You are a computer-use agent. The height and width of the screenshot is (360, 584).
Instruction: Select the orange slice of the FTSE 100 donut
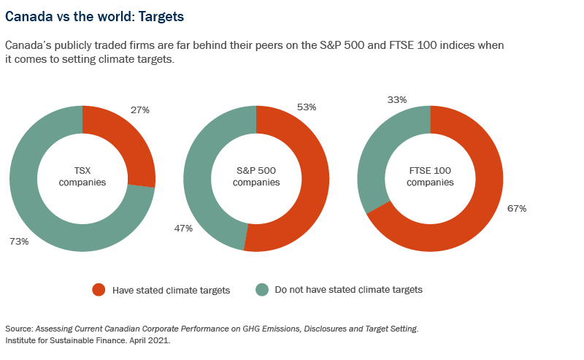pos(467,219)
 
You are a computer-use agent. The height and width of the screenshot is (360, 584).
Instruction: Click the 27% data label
pos(140,110)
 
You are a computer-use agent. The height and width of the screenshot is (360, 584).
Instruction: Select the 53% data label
pos(307,107)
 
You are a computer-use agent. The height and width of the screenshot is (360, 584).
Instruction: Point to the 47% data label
pos(184,229)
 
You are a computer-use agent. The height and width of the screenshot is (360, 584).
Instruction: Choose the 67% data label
pos(517,209)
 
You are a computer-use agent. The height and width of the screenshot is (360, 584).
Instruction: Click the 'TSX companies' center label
pos(82,177)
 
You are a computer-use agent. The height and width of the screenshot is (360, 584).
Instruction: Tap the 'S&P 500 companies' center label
pos(256,177)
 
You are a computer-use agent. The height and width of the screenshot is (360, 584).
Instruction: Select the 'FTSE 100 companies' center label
pos(430,177)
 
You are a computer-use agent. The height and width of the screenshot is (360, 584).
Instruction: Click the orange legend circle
pos(99,290)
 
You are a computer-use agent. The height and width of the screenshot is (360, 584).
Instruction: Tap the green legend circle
pos(261,290)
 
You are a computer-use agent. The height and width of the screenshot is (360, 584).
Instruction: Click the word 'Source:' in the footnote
pos(18,329)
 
